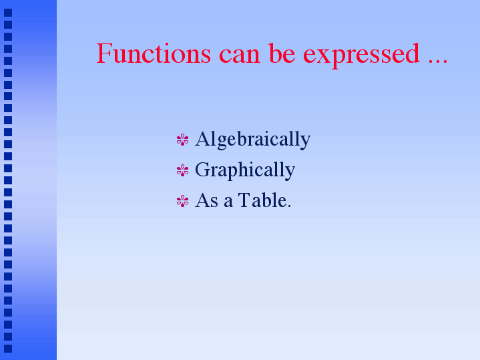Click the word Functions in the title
154,53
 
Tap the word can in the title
240,55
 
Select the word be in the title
282,53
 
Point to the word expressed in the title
361,55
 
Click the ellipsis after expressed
438,61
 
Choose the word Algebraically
252,140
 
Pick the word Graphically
245,170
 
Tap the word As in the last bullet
207,201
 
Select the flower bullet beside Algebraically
182,140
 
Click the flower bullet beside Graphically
182,170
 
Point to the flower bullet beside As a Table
182,201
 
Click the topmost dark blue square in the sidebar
8,13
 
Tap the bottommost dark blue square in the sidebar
8,349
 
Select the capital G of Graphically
202,170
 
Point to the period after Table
288,206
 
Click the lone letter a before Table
228,203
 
